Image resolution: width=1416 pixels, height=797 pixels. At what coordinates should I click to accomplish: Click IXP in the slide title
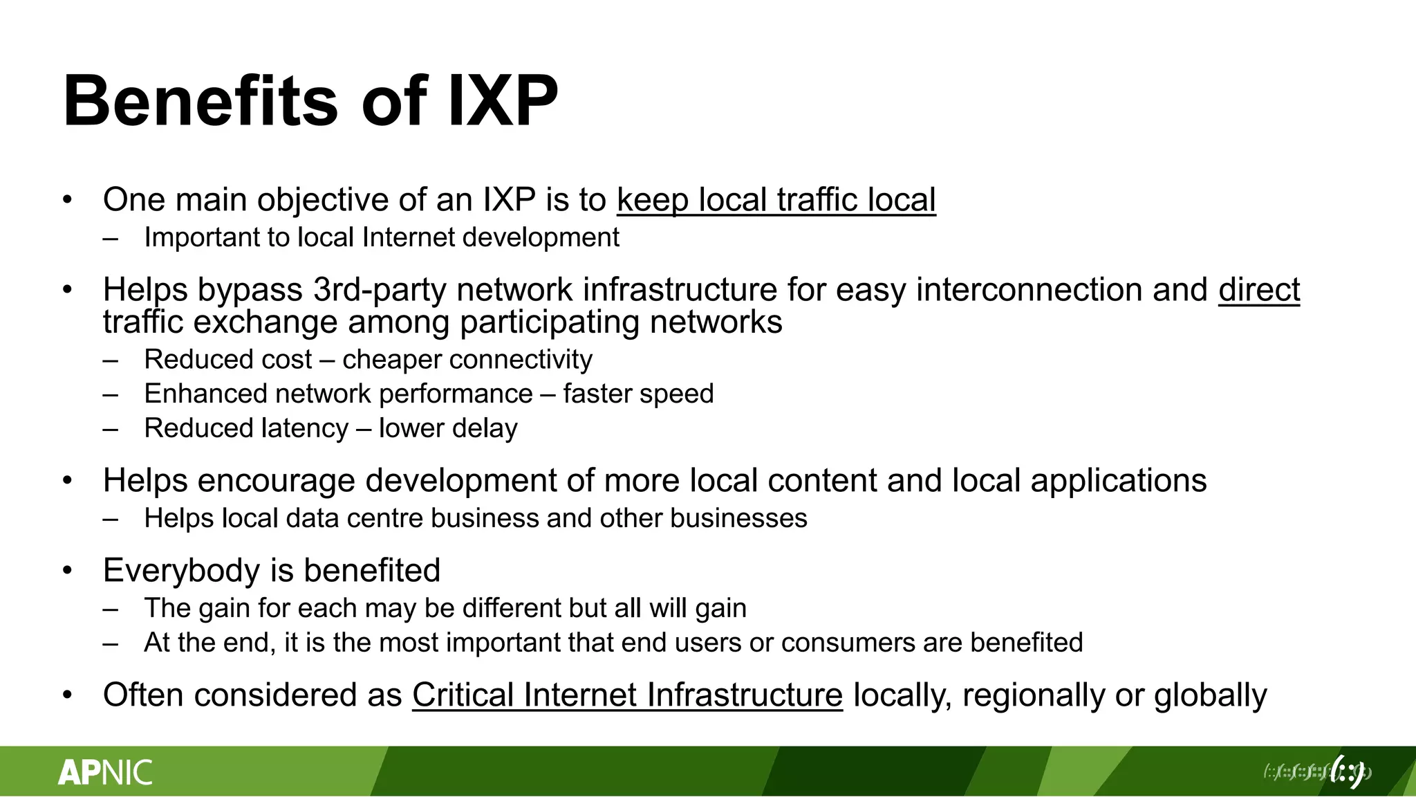coord(503,101)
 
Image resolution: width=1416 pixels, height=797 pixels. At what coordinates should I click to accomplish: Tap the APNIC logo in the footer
coord(105,772)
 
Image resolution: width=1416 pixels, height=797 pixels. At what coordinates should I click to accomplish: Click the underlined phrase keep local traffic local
coord(776,200)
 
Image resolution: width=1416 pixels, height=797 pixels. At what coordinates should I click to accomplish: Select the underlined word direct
coord(1258,290)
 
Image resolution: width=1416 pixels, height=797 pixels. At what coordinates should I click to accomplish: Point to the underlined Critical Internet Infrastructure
coord(627,695)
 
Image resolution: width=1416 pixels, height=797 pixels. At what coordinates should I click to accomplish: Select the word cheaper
coord(387,360)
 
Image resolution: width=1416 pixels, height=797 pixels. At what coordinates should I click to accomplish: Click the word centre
coord(384,518)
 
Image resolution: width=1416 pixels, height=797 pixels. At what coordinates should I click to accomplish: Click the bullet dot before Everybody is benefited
coord(67,571)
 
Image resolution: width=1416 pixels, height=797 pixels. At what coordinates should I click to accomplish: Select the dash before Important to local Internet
coord(110,238)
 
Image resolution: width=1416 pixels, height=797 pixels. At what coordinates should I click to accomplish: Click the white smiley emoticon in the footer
coord(1348,771)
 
